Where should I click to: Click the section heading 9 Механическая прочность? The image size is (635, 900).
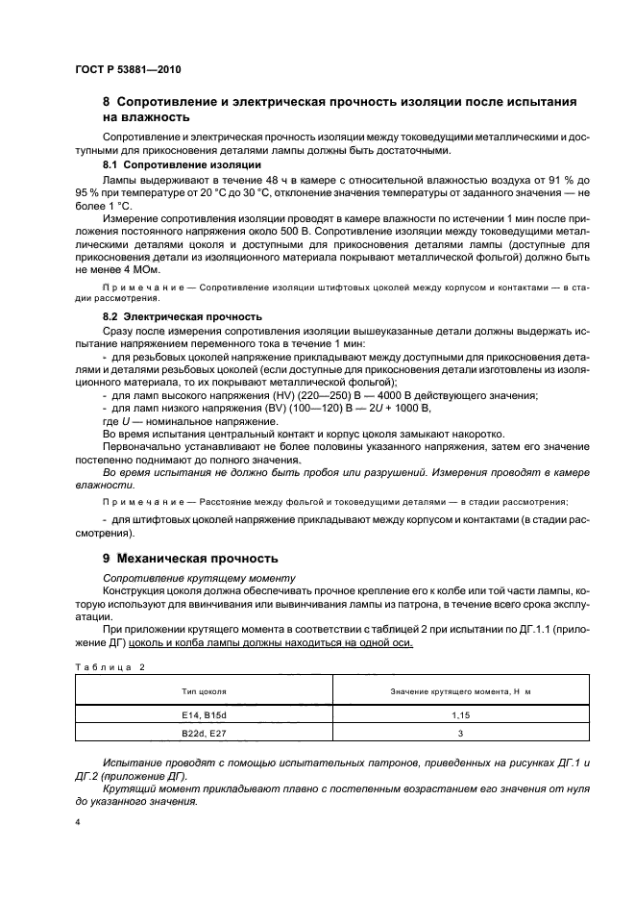(190, 558)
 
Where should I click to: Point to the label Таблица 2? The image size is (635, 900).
(108, 664)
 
